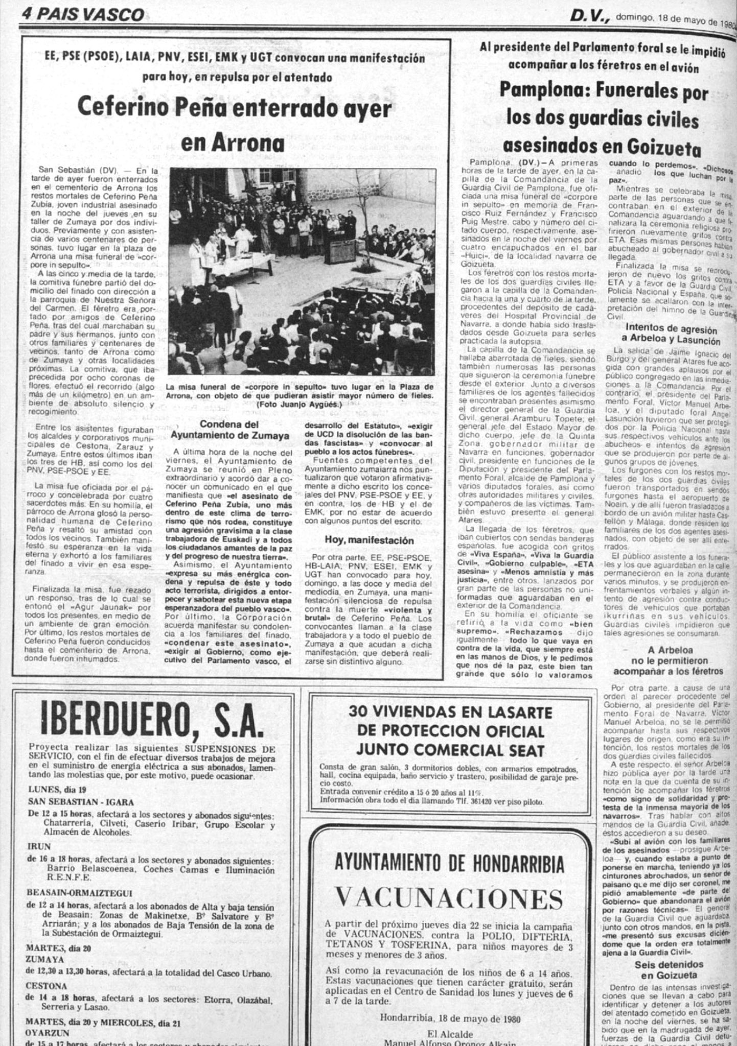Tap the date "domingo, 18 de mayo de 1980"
coord(674,19)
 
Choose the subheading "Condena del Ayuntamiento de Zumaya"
coord(229,430)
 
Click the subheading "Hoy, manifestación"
coord(365,540)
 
